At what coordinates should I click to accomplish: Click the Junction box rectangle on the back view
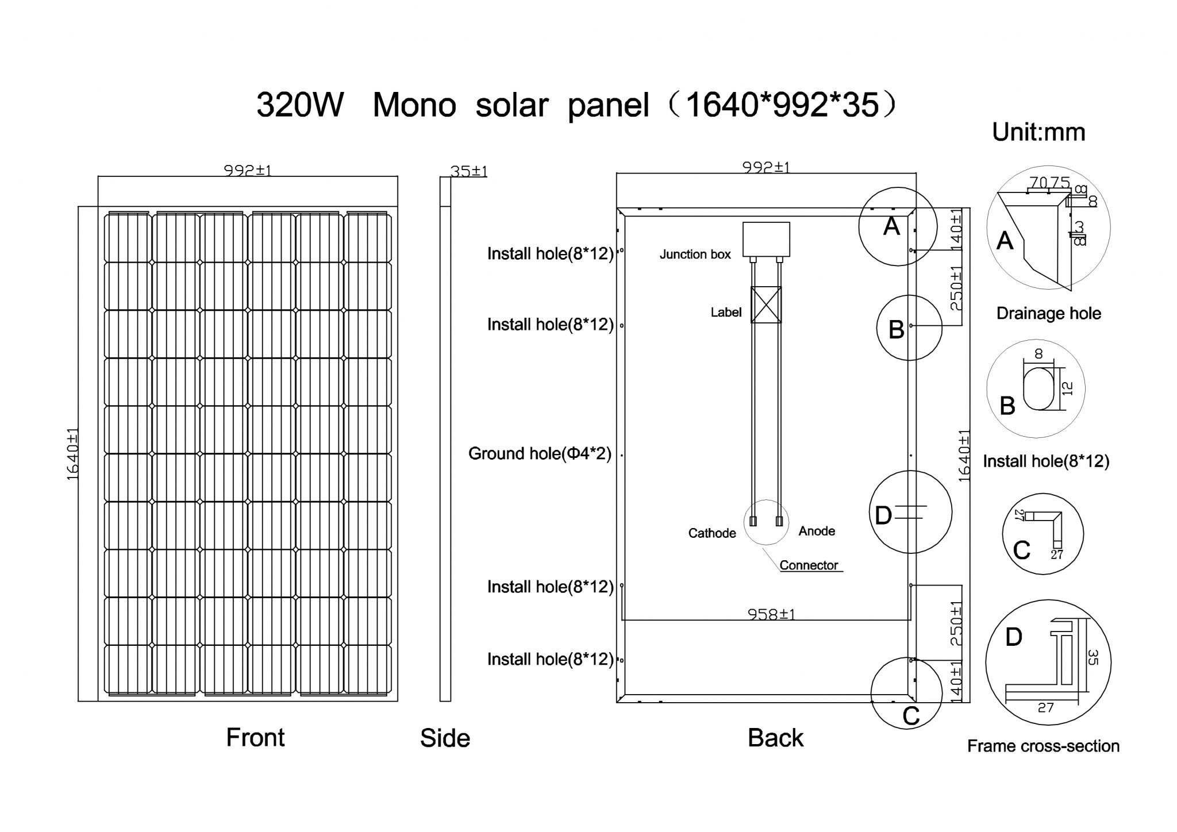pyautogui.click(x=766, y=239)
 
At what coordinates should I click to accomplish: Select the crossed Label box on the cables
pyautogui.click(x=766, y=305)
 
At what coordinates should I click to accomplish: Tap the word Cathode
pyautogui.click(x=711, y=533)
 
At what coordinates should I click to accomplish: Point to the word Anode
pyautogui.click(x=816, y=531)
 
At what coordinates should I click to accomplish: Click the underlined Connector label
pyautogui.click(x=809, y=565)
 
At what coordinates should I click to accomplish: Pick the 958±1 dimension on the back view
pyautogui.click(x=771, y=614)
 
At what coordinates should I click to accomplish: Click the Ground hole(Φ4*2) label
pyautogui.click(x=540, y=454)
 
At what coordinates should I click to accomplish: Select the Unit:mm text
pyautogui.click(x=1038, y=132)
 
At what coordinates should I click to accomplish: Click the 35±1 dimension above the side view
pyautogui.click(x=468, y=171)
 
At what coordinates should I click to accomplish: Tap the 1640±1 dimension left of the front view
pyautogui.click(x=73, y=454)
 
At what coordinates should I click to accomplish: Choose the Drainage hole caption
pyautogui.click(x=1048, y=314)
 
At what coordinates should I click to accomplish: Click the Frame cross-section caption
pyautogui.click(x=1043, y=746)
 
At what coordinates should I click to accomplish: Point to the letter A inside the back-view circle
pyautogui.click(x=891, y=226)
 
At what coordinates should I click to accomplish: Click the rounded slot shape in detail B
pyautogui.click(x=1038, y=388)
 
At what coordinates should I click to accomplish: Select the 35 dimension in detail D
pyautogui.click(x=1093, y=657)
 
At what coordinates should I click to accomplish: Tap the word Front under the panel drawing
pyautogui.click(x=255, y=737)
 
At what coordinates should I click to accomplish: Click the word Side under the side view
pyautogui.click(x=445, y=738)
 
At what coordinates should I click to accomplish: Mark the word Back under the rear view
pyautogui.click(x=775, y=738)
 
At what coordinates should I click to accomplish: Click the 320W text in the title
pyautogui.click(x=300, y=105)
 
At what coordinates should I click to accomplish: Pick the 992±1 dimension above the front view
pyautogui.click(x=247, y=171)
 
